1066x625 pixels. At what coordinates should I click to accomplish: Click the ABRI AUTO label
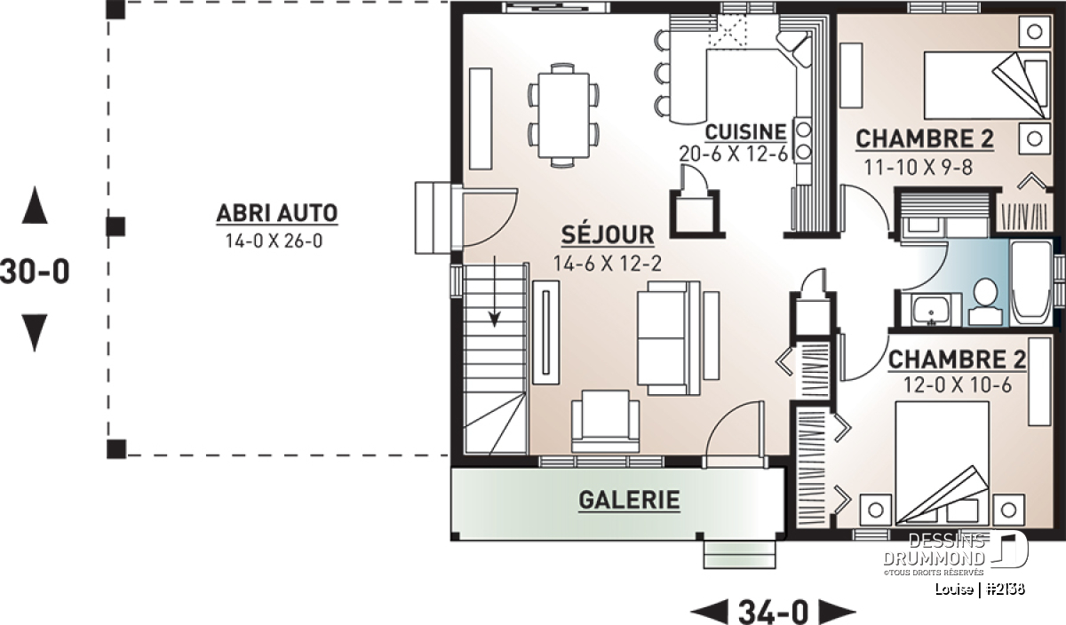tap(277, 213)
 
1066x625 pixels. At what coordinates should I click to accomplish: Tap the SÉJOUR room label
tap(608, 234)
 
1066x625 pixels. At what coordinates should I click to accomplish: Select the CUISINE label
tap(745, 132)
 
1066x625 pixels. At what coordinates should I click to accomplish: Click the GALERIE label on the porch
tap(629, 500)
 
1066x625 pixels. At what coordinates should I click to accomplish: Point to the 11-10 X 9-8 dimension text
tap(918, 167)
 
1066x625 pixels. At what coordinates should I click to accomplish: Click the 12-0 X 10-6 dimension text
tap(958, 384)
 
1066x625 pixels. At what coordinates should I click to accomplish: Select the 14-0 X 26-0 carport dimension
tap(274, 241)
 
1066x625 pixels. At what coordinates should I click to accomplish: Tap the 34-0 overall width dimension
tap(774, 612)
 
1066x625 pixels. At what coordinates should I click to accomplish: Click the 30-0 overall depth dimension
tap(35, 271)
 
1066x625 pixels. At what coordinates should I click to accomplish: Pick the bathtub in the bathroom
tap(1031, 283)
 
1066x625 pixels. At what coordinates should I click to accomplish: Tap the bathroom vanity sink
tap(931, 310)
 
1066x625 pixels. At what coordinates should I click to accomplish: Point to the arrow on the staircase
tap(495, 291)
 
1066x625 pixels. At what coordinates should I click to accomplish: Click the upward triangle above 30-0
tap(35, 204)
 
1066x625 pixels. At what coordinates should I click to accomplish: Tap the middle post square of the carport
tap(115, 226)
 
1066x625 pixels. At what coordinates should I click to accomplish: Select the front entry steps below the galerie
tap(739, 554)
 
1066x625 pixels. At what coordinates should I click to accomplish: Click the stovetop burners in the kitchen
tap(803, 140)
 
